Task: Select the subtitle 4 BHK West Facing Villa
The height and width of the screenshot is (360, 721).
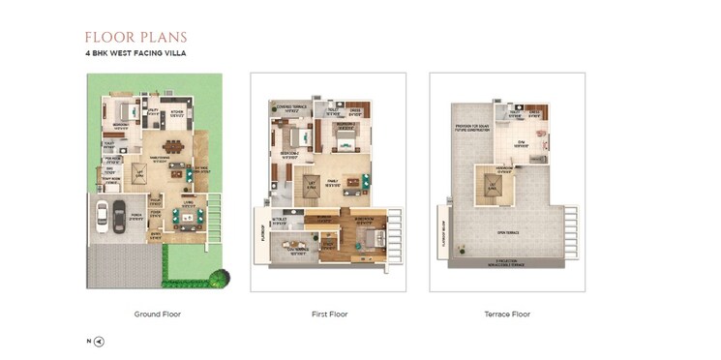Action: (135, 55)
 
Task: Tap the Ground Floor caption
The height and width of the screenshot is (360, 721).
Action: (157, 315)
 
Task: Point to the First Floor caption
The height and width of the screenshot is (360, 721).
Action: (328, 315)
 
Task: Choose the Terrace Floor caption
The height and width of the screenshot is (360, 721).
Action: (506, 315)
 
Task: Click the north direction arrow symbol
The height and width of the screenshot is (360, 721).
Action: (99, 342)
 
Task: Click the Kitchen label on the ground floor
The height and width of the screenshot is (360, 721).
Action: (177, 112)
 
